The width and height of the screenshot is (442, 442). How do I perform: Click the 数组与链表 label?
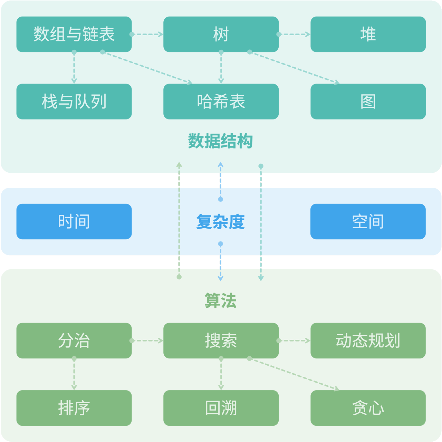(x=74, y=34)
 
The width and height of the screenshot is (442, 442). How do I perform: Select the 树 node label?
(x=221, y=34)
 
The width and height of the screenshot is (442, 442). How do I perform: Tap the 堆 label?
(x=368, y=34)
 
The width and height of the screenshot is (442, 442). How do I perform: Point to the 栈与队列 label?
(x=74, y=102)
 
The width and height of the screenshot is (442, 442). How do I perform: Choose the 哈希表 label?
(x=221, y=102)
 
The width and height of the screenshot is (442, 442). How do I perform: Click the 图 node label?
(x=368, y=102)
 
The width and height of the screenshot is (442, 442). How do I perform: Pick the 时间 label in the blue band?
(x=74, y=221)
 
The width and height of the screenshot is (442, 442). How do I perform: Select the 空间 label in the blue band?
(x=368, y=221)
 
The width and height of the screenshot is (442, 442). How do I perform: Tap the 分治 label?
(x=74, y=340)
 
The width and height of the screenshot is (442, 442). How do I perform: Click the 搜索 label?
(x=221, y=340)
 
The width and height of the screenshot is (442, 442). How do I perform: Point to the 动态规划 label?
(x=368, y=340)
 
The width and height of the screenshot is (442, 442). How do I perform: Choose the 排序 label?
(x=74, y=408)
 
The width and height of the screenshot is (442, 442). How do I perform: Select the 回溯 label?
(x=221, y=408)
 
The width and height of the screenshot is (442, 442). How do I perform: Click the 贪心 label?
(x=368, y=408)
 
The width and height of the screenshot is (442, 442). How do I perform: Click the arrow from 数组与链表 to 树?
(x=146, y=34)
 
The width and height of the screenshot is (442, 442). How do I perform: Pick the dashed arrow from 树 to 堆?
(x=294, y=34)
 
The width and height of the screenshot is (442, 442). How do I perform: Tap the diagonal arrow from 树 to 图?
(x=294, y=67)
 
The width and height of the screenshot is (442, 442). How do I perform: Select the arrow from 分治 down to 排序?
(x=74, y=374)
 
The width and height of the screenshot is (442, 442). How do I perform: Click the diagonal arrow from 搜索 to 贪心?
(x=294, y=374)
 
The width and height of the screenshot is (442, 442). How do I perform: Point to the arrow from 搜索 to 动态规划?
(x=294, y=340)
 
